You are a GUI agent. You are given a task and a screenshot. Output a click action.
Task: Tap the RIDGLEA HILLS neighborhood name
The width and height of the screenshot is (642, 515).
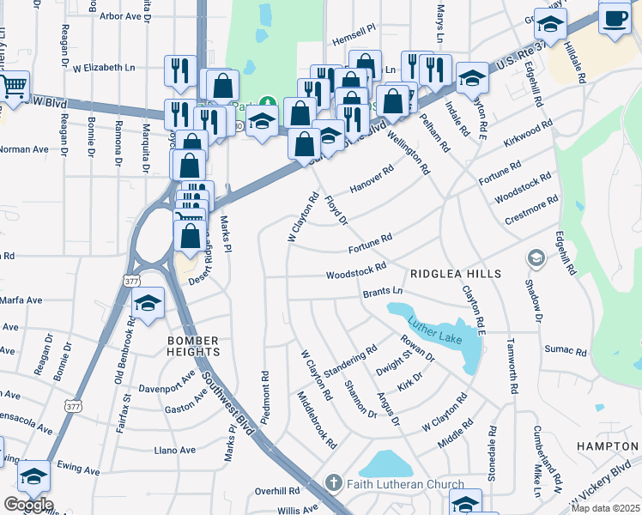454,273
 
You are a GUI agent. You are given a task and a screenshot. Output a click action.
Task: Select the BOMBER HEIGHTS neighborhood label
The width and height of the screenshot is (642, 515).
193,346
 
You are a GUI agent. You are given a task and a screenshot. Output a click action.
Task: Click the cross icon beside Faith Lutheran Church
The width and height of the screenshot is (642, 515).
334,484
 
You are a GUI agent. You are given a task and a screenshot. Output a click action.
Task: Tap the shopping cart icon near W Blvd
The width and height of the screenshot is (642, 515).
12,87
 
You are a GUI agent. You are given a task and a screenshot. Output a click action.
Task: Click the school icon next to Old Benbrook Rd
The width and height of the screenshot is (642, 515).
148,302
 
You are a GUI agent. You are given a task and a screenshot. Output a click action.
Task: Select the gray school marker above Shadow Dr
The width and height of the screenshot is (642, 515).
536,257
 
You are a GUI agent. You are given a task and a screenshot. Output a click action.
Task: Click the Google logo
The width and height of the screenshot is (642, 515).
27,505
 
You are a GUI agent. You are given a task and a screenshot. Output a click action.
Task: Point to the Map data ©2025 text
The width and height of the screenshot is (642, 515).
605,508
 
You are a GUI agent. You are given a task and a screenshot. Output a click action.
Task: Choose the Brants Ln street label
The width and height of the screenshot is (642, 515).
382,292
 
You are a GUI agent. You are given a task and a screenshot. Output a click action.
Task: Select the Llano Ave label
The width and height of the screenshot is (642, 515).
174,450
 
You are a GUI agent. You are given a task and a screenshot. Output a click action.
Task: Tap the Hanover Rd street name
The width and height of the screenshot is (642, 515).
372,179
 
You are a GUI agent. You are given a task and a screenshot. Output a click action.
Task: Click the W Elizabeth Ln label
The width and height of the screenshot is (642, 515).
104,66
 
